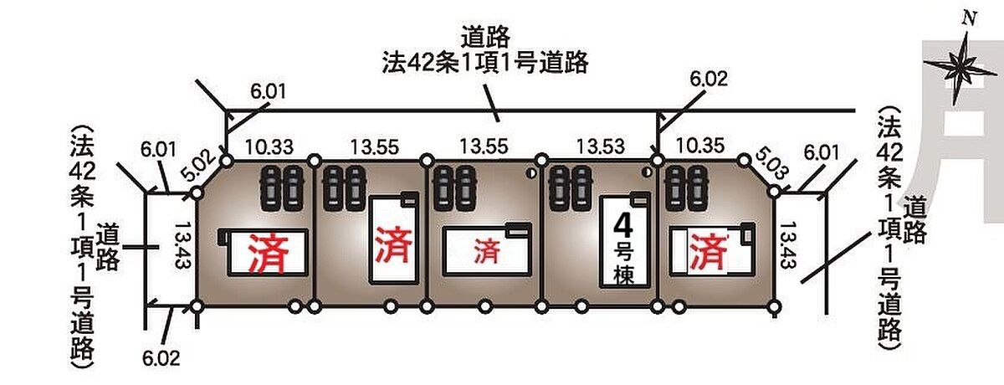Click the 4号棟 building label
624,249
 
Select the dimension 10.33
269,147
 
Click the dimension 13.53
600,146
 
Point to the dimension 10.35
700,146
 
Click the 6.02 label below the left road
161,358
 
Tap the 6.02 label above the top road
709,79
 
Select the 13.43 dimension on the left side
182,245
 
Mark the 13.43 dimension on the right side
788,245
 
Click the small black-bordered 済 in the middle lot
487,251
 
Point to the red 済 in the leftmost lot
269,254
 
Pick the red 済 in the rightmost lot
708,252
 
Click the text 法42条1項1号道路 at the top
485,64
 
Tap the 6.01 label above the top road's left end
268,92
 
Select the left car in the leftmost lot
270,188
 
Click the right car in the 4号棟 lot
582,188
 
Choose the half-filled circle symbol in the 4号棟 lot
647,172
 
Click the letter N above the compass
970,18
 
